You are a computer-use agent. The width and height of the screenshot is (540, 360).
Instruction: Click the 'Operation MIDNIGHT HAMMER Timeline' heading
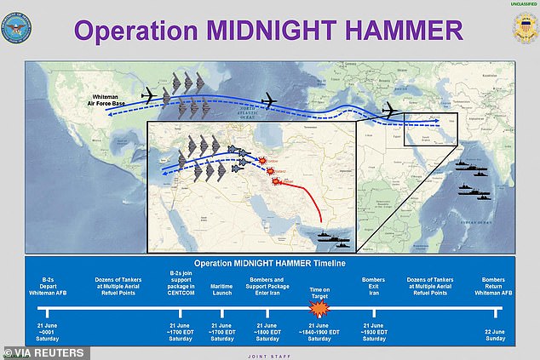tap(271, 265)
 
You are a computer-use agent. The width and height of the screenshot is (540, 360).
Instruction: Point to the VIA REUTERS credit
tap(44, 351)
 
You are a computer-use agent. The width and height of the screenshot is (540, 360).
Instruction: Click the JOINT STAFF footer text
tap(271, 355)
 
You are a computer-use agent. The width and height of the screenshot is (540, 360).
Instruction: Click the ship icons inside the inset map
tap(332, 241)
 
